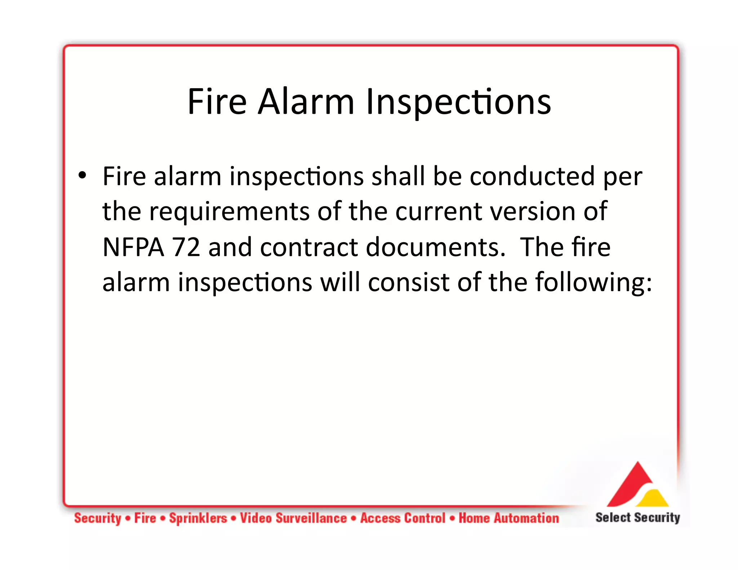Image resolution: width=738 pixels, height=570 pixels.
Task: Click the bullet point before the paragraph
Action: tap(83, 175)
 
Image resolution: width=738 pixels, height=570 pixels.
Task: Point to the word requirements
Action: tap(229, 212)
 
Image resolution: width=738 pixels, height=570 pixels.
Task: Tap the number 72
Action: tap(186, 247)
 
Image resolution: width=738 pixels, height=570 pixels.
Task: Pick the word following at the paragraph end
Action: tap(593, 282)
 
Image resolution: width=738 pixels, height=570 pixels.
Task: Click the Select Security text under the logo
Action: tap(637, 517)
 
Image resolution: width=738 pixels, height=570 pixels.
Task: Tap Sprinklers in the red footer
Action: tap(198, 518)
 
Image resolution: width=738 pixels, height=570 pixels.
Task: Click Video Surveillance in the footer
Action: tap(293, 518)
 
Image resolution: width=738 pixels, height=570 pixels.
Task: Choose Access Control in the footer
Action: tap(403, 518)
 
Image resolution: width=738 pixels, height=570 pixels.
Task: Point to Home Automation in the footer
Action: tap(508, 518)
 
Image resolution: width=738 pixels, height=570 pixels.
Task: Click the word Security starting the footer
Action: tap(98, 518)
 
